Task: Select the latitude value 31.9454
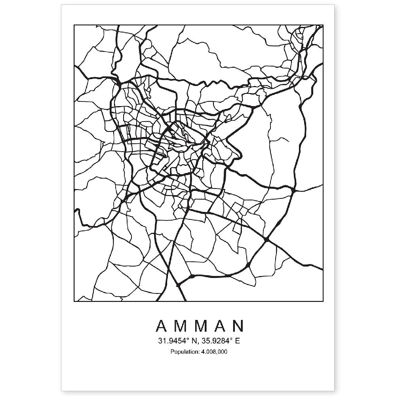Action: click(171, 341)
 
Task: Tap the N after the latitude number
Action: click(193, 341)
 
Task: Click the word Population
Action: click(183, 351)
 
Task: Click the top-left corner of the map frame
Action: click(74, 25)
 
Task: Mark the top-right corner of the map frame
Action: click(323, 25)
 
